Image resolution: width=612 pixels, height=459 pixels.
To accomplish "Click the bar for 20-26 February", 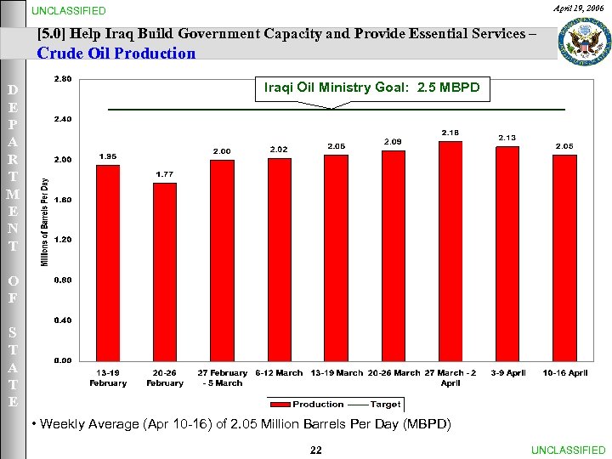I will coord(165,272).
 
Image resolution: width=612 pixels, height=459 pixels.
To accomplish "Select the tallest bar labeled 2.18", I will coord(450,251).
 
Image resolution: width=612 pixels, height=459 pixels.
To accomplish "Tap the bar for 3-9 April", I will coord(507,253).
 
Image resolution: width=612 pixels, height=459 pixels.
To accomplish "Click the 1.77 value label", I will coord(165,174).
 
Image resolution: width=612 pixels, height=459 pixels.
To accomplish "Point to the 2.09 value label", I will coord(393,141).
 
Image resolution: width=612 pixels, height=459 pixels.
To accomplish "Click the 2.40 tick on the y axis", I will coord(62,120).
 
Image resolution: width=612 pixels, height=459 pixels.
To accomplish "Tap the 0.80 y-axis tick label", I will coord(62,280).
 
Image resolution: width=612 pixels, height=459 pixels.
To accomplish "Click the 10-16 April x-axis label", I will coord(564,373).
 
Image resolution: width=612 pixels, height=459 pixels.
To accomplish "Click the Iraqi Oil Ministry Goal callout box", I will coord(373,88).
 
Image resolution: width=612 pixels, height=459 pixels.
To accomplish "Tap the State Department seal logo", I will coord(584,39).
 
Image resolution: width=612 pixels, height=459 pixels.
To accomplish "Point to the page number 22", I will coord(315,450).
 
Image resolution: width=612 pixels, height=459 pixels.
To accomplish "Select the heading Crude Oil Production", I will coord(116,54).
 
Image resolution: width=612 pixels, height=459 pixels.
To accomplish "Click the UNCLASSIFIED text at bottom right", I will coord(568,450).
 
